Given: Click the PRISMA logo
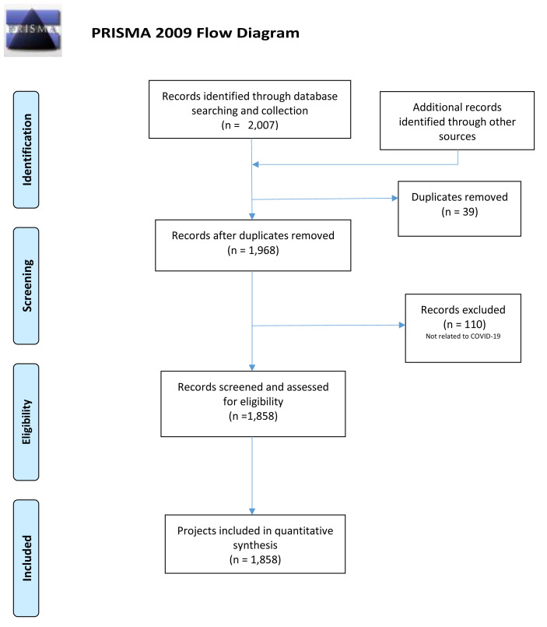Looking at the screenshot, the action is click(x=33, y=30).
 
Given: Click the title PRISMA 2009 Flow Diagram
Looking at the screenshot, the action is click(x=195, y=33).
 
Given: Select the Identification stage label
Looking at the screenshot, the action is click(x=26, y=150).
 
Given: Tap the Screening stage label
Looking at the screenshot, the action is click(x=26, y=286).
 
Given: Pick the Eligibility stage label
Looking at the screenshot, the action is click(x=26, y=422).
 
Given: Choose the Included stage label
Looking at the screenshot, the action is click(x=26, y=558).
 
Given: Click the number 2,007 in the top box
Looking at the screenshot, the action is click(x=261, y=125).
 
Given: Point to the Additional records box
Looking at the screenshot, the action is click(x=457, y=121).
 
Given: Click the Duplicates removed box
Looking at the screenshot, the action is click(x=460, y=209).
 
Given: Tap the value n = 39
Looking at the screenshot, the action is click(x=460, y=212).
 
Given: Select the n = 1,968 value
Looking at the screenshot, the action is click(x=254, y=250).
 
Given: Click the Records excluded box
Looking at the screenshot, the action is click(x=463, y=328).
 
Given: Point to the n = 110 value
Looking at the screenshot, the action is click(x=465, y=324).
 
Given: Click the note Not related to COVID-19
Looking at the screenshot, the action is click(x=463, y=336).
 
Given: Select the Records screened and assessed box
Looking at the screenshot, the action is click(x=253, y=404).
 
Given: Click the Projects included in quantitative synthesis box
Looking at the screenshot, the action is click(x=255, y=544).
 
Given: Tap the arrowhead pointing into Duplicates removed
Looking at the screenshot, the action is click(x=394, y=198).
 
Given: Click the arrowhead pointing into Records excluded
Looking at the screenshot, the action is click(x=402, y=325).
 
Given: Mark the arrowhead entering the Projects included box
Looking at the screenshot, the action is click(x=252, y=512).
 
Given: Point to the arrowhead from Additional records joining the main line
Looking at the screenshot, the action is click(x=256, y=164).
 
